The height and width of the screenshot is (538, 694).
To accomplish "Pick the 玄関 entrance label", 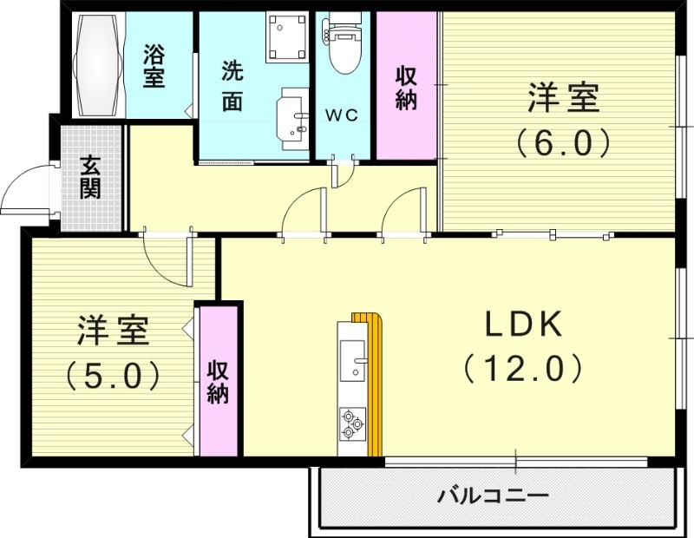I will pos(89,177).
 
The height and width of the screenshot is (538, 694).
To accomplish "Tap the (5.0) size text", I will pos(113,374).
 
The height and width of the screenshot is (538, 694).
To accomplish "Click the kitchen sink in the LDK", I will pos(353,360).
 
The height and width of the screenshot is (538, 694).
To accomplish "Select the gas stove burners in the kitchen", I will pos(351,423).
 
